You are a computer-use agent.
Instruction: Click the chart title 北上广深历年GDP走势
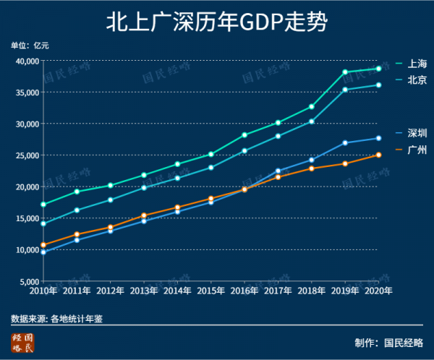(x=216, y=22)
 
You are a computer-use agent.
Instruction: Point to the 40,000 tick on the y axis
(x=26, y=61)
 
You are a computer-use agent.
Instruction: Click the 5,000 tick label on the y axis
(x=28, y=281)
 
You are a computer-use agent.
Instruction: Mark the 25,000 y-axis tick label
(x=26, y=155)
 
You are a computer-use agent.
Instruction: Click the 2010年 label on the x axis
(x=43, y=291)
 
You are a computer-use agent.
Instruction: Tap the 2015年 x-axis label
(x=210, y=291)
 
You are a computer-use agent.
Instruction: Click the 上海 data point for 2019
(x=345, y=72)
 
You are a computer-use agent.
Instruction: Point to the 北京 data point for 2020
(x=378, y=85)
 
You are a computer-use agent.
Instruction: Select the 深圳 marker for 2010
(x=43, y=252)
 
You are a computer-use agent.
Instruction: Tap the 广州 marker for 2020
(x=378, y=155)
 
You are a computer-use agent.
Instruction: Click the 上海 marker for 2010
(x=43, y=205)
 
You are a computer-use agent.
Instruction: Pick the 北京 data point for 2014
(x=177, y=178)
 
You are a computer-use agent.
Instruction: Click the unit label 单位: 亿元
(x=30, y=46)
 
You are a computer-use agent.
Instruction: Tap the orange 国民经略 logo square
(x=22, y=343)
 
